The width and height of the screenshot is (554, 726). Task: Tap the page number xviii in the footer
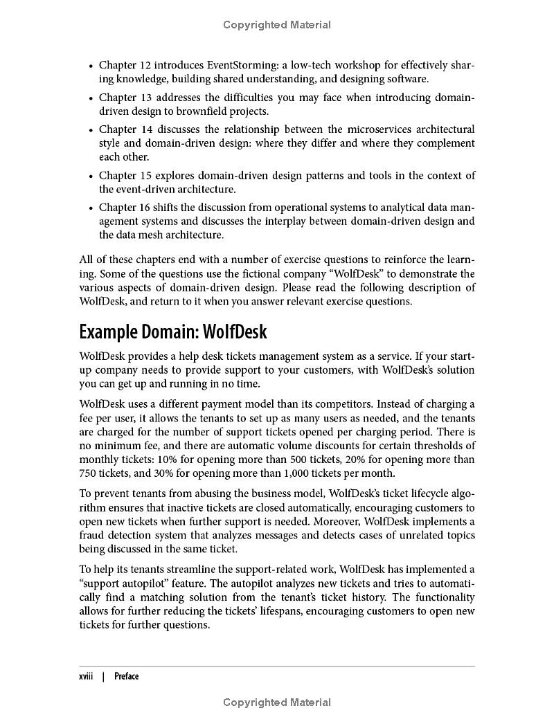pos(87,676)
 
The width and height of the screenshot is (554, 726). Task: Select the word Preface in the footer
pos(127,676)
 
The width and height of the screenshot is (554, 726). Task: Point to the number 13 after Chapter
pos(145,98)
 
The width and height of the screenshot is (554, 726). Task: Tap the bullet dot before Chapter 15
pos(91,176)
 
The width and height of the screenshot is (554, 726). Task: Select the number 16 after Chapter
pos(145,208)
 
